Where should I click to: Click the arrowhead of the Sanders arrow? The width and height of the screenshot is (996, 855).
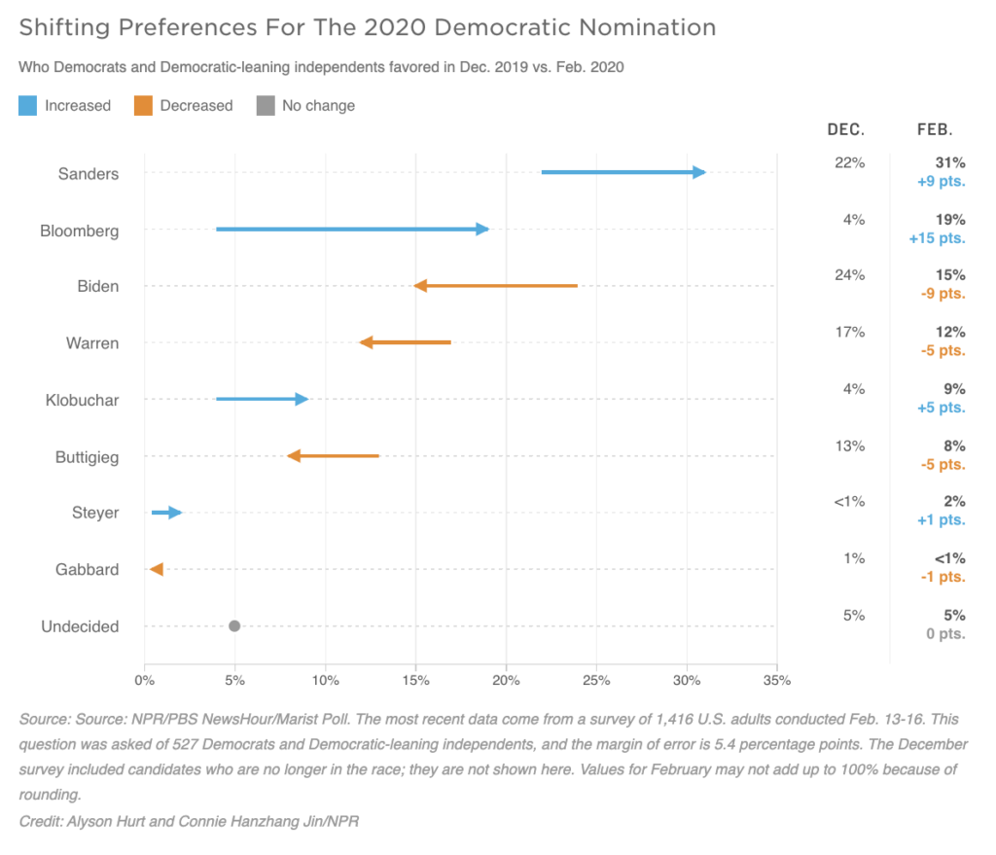699,172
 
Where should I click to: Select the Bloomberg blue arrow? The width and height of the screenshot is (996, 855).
351,230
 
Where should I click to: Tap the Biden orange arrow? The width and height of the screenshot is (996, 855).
496,286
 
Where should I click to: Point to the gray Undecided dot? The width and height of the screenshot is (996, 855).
234,625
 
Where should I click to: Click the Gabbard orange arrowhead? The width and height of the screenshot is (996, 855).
156,569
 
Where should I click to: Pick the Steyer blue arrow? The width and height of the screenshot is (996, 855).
166,513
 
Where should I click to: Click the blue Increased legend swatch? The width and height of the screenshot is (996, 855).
27,105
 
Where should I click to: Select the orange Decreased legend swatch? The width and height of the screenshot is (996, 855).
143,105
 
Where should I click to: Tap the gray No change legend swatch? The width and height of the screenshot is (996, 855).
265,105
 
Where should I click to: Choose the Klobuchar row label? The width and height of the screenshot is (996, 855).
82,400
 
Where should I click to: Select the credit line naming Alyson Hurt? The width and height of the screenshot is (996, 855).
190,821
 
